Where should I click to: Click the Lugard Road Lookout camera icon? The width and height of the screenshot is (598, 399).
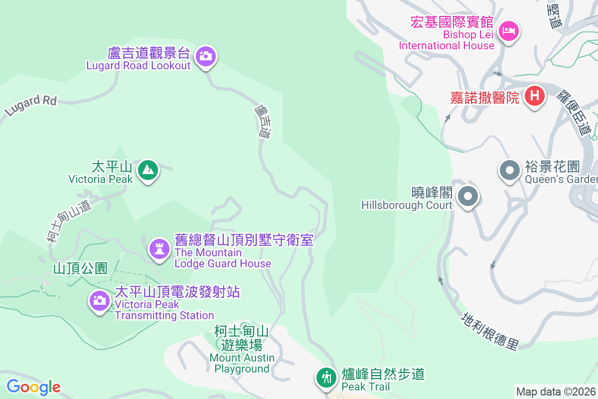205,56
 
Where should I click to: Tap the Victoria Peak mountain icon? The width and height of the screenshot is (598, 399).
148,170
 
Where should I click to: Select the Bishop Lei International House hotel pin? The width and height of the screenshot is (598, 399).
509,31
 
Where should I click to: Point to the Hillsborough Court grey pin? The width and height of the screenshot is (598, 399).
467,196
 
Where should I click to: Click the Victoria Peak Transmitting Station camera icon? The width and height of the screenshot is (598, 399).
99,300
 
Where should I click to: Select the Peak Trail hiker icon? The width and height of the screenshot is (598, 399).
326,378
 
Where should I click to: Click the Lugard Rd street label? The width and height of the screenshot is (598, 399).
30,105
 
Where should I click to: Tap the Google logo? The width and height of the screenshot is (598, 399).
33,387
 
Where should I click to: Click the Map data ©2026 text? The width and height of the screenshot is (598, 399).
556,392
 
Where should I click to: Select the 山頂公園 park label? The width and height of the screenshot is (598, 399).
80,268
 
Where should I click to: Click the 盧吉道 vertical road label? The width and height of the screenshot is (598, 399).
263,121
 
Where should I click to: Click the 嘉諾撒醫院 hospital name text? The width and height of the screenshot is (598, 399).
485,97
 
